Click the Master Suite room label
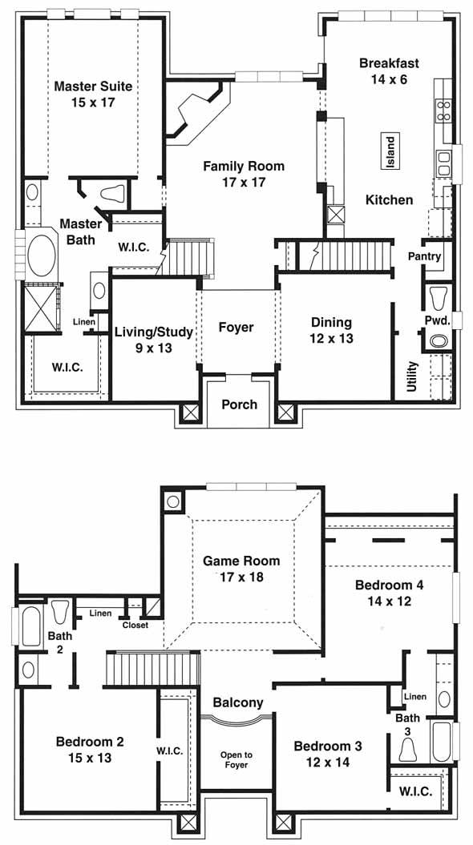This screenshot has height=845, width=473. [x=93, y=87]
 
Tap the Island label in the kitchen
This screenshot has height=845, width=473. [x=390, y=151]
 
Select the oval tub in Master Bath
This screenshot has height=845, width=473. [x=42, y=256]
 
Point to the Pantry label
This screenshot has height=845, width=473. [x=424, y=256]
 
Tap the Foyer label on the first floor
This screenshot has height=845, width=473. [x=236, y=327]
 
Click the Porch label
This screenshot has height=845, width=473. [x=240, y=404]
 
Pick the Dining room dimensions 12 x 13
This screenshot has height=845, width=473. [x=331, y=339]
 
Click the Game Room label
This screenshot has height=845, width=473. [x=241, y=561]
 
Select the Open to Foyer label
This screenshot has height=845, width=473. [x=236, y=760]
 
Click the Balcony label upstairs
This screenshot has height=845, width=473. [x=238, y=702]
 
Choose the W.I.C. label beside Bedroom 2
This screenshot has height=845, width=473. [x=169, y=750]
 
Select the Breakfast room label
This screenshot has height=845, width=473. [x=389, y=63]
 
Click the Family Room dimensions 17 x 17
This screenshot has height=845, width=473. [x=243, y=183]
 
